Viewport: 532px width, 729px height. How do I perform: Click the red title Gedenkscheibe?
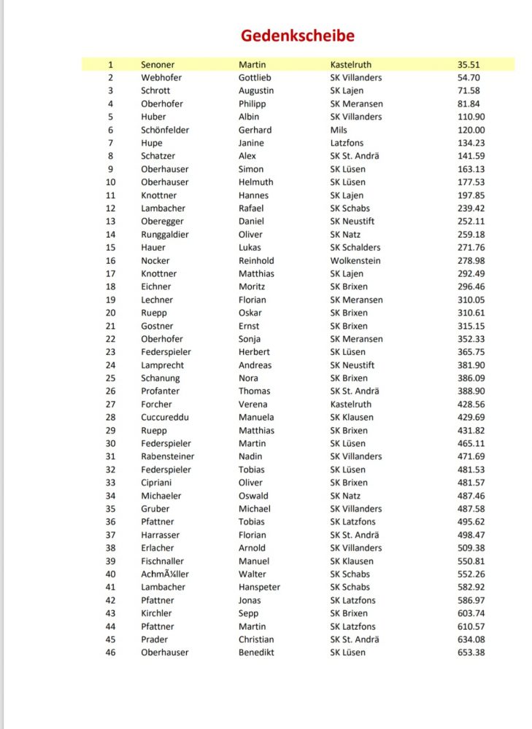click(298, 36)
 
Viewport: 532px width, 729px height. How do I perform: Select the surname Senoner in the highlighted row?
click(158, 65)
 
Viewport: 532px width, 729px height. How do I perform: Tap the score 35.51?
click(469, 65)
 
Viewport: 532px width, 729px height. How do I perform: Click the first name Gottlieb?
click(255, 77)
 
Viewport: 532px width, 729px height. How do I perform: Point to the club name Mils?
click(339, 130)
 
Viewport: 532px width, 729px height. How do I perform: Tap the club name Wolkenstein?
click(355, 260)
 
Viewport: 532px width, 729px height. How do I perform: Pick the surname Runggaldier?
click(165, 234)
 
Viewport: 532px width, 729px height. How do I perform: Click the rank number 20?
click(111, 313)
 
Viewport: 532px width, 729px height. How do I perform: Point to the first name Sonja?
click(251, 339)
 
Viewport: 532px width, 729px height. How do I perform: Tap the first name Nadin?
click(250, 456)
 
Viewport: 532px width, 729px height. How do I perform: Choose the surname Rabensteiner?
click(168, 456)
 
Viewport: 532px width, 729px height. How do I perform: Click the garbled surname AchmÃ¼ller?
click(165, 574)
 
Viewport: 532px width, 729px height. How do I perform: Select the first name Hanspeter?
click(259, 587)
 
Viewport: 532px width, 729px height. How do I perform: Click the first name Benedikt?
click(256, 652)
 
